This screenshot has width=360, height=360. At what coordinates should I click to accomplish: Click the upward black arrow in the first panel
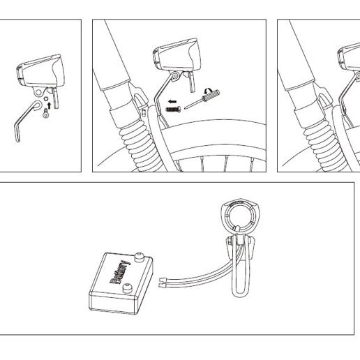pyautogui.click(x=49, y=106)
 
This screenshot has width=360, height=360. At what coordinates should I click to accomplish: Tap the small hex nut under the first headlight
pyautogui.click(x=46, y=98)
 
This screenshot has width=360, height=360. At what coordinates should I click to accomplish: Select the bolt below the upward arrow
pyautogui.click(x=46, y=114)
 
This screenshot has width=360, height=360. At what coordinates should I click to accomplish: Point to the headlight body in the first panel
pyautogui.click(x=41, y=71)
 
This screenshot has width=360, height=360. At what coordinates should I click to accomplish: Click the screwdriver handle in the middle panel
pyautogui.click(x=211, y=95)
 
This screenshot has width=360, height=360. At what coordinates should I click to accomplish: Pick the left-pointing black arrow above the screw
pyautogui.click(x=172, y=101)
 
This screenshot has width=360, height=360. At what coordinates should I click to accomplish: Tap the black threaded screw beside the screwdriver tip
pyautogui.click(x=174, y=109)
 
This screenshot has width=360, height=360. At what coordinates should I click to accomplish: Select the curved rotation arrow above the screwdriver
pyautogui.click(x=207, y=91)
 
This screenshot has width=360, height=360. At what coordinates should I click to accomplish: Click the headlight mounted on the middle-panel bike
pyautogui.click(x=177, y=55)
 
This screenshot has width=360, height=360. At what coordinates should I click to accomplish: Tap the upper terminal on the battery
pyautogui.click(x=139, y=257)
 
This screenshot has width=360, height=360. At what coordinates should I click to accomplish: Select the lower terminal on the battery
pyautogui.click(x=127, y=288)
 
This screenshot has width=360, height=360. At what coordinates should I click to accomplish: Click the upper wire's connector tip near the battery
pyautogui.click(x=162, y=279)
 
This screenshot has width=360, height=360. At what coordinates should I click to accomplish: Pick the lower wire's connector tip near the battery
pyautogui.click(x=162, y=285)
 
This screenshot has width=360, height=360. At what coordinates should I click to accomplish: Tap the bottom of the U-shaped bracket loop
pyautogui.click(x=241, y=295)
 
